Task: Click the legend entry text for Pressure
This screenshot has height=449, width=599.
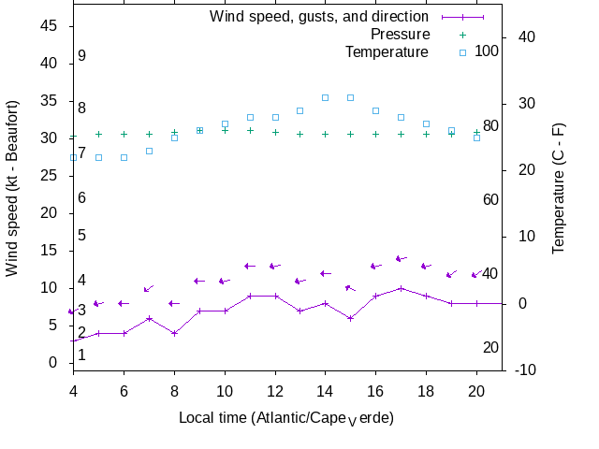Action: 387,35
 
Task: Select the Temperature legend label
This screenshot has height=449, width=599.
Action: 387,51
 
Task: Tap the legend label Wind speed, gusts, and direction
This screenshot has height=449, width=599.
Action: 319,17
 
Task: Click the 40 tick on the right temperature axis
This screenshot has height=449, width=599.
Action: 526,36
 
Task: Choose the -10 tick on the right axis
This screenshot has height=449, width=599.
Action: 526,369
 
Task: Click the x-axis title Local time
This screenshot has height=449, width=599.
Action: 286,417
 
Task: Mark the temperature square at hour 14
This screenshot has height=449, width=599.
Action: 325,97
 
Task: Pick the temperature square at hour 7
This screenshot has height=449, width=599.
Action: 149,151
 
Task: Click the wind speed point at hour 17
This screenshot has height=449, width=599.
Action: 401,288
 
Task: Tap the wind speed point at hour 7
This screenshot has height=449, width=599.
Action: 149,318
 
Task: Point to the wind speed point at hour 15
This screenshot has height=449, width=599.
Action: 350,318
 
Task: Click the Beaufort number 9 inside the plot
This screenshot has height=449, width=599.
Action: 82,56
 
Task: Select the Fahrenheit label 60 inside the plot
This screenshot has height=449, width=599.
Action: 490,199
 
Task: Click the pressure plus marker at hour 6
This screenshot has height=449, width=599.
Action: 124,134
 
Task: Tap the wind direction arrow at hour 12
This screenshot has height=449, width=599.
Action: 274,266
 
